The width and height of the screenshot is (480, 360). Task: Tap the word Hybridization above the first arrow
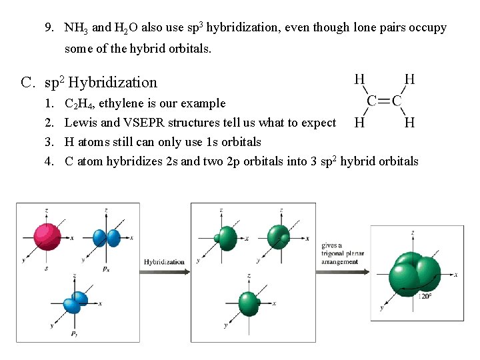click(x=164, y=262)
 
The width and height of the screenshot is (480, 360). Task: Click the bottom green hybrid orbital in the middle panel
click(x=248, y=303)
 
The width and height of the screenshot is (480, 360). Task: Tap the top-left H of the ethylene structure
click(x=359, y=79)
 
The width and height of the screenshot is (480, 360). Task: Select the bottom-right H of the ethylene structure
click(x=409, y=122)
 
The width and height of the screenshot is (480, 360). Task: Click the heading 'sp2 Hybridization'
click(x=100, y=83)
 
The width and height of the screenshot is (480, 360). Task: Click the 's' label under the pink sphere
click(x=46, y=269)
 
